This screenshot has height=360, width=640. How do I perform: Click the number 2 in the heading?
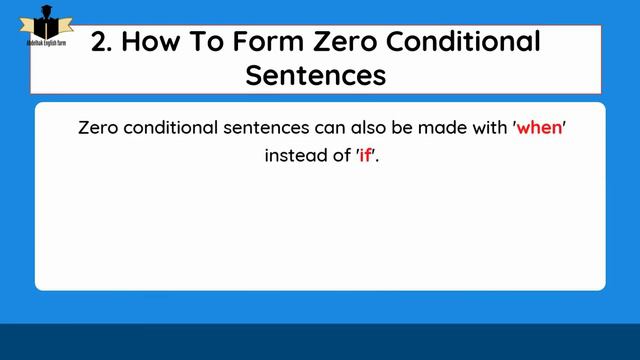pos(100,42)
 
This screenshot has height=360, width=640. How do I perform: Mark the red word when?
pos(540,130)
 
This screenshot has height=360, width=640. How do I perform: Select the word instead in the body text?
pos(294,156)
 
